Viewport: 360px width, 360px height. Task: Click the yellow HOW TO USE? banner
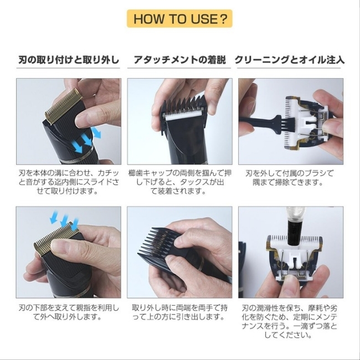[179, 19]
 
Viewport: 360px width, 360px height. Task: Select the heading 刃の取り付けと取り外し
[69, 60]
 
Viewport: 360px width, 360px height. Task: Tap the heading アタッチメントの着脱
[180, 60]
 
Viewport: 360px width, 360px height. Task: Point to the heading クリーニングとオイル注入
[290, 60]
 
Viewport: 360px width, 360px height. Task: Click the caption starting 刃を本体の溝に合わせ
[69, 182]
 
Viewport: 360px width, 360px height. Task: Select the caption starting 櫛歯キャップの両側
[180, 182]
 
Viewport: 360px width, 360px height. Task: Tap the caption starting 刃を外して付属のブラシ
[290, 177]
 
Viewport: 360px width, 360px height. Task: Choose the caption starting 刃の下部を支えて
[69, 312]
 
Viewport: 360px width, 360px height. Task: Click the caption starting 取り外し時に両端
[180, 312]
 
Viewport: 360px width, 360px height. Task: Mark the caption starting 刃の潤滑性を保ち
[290, 321]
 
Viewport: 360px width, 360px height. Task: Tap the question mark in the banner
[223, 19]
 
